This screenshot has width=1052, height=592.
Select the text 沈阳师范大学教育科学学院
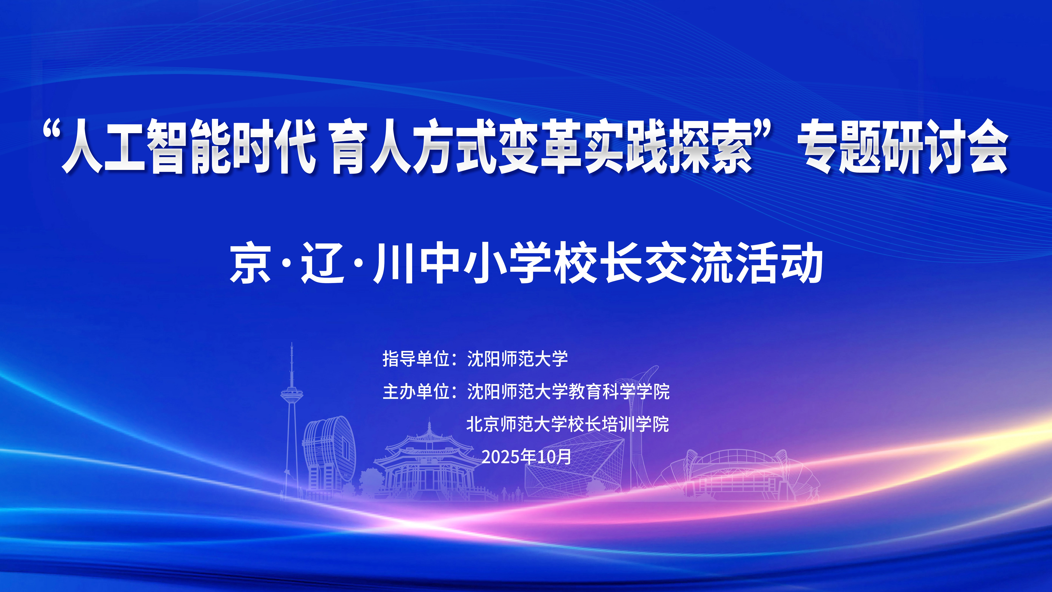click(x=568, y=391)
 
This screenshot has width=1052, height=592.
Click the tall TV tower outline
click(x=291, y=421)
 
